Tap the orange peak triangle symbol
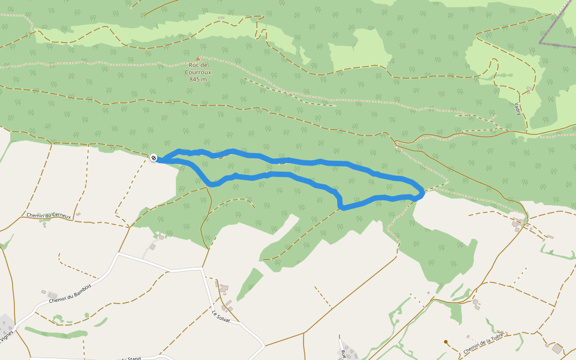pyautogui.click(x=197, y=59)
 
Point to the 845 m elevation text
pyautogui.click(x=197, y=79)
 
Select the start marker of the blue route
pyautogui.click(x=154, y=158)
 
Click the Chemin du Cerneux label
pyautogui.click(x=49, y=215)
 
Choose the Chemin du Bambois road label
pyautogui.click(x=70, y=292)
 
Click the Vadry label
pyautogui.click(x=517, y=109)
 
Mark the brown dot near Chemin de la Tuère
pyautogui.click(x=446, y=342)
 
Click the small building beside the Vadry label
pyautogui.click(x=528, y=89)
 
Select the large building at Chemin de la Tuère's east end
pyautogui.click(x=557, y=349)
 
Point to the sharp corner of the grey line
pyautogui.click(x=540, y=43)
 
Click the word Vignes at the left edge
pyautogui.click(x=7, y=337)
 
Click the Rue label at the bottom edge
pyautogui.click(x=343, y=353)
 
